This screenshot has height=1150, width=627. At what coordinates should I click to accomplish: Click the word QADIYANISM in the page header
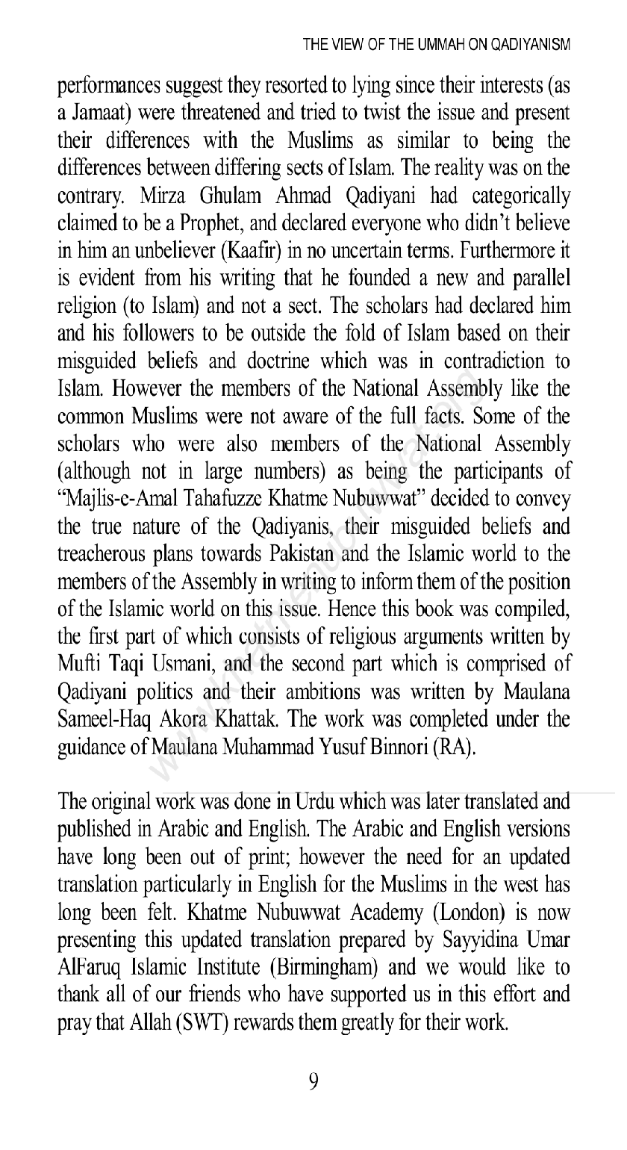tap(531, 45)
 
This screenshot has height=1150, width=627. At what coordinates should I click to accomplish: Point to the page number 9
tap(313, 1081)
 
